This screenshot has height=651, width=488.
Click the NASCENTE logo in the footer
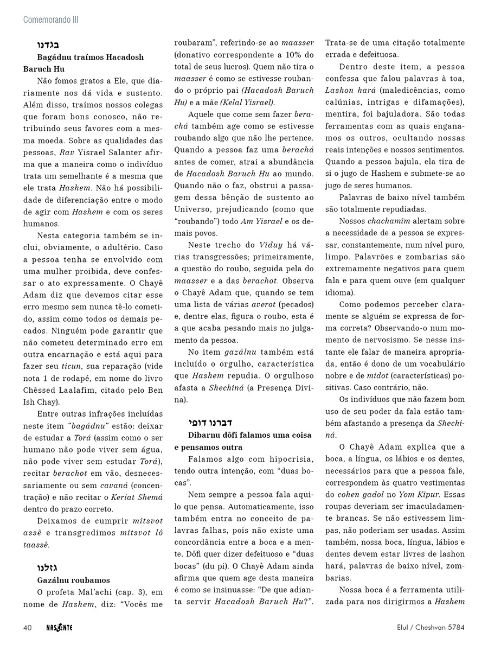point(60,628)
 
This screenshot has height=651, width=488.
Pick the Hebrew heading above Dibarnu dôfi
point(202,422)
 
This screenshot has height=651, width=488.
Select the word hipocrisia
point(289,459)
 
